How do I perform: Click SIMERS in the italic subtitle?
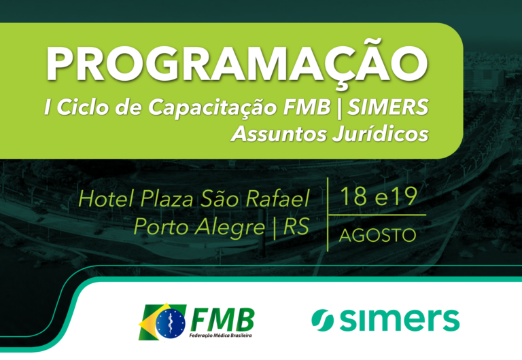(387, 107)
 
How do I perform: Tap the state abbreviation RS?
(296, 227)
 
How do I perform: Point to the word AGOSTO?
(377, 235)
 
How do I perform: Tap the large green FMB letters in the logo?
(222, 319)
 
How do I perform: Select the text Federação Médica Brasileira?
(220, 336)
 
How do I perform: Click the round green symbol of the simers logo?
(322, 320)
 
